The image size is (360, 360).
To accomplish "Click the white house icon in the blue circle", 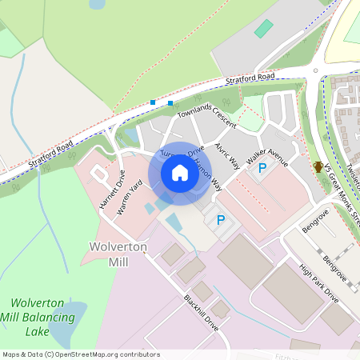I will click(180, 172).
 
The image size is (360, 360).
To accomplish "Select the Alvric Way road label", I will click(227, 156).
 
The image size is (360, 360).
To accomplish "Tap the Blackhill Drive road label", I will click(201, 313).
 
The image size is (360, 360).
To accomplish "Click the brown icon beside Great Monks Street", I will click(318, 166).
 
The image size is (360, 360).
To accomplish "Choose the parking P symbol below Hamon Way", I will click(221, 219).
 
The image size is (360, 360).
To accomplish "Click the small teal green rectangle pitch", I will click(263, 29).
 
